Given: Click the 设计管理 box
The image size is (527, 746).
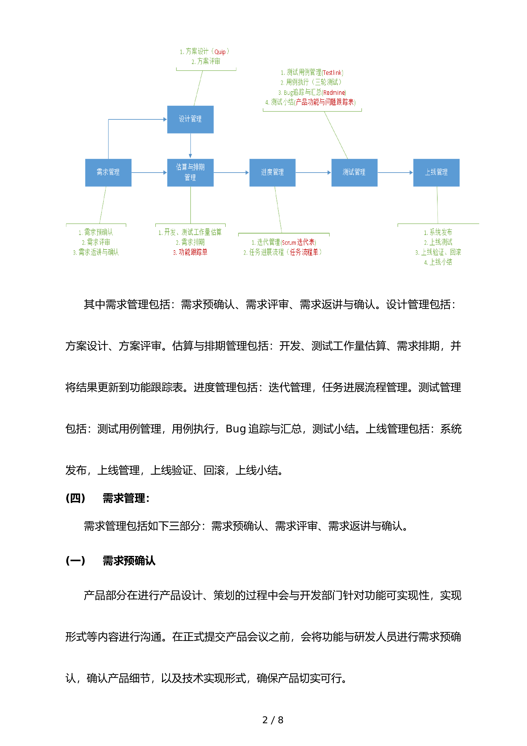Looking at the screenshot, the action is (x=190, y=119).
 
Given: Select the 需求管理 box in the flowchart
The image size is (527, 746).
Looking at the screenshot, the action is (x=108, y=172).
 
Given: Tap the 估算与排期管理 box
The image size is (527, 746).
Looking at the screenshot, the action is (x=190, y=172).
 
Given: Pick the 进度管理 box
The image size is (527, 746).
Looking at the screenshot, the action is (x=272, y=172).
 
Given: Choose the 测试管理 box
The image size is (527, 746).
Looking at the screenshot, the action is (x=354, y=172).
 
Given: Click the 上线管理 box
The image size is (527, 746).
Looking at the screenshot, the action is (x=436, y=172).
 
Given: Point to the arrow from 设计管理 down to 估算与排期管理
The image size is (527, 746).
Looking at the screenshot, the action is (x=191, y=145).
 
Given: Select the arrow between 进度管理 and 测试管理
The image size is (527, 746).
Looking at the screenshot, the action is (x=313, y=172).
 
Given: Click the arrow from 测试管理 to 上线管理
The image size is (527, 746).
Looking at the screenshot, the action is (x=395, y=172).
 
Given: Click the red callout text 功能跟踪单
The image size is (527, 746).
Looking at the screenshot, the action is (x=193, y=252).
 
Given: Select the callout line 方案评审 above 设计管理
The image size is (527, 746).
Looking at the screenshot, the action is (x=206, y=61).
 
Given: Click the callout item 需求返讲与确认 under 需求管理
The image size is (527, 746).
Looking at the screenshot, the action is (x=96, y=252).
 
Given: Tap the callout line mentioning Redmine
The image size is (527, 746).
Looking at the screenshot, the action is (x=312, y=92).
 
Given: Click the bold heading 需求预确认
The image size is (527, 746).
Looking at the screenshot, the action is (x=129, y=561).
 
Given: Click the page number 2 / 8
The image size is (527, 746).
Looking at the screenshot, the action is (x=273, y=720).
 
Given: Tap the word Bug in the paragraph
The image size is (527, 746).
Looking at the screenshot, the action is (x=236, y=429).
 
